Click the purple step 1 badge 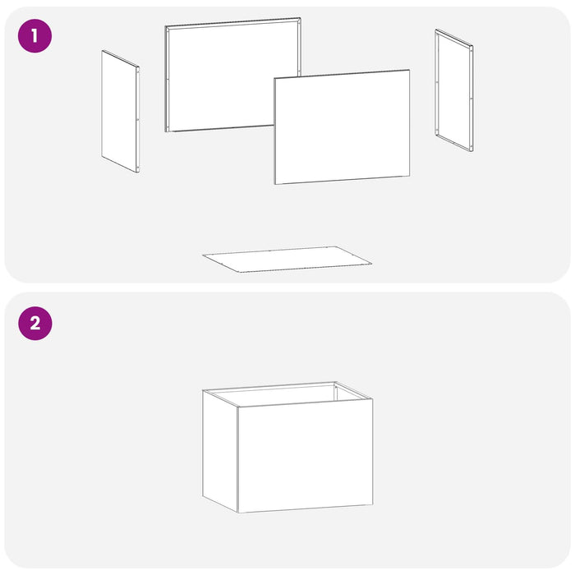point(34,36)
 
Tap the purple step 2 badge point(35,324)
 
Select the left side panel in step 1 point(120,111)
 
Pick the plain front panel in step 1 point(342,126)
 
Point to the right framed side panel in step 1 point(454,90)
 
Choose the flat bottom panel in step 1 point(287,260)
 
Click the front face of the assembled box point(305,455)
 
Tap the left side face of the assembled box point(220,451)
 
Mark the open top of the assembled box point(287,394)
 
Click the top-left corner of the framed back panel point(165,26)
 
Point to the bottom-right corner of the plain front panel point(409,176)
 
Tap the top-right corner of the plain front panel point(409,70)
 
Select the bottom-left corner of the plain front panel point(274,184)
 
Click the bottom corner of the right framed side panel point(472,150)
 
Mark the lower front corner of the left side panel point(138,172)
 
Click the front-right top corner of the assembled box point(373,399)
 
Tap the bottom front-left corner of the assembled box point(238,513)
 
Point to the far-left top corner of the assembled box point(203,390)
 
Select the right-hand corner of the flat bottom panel point(371,263)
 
